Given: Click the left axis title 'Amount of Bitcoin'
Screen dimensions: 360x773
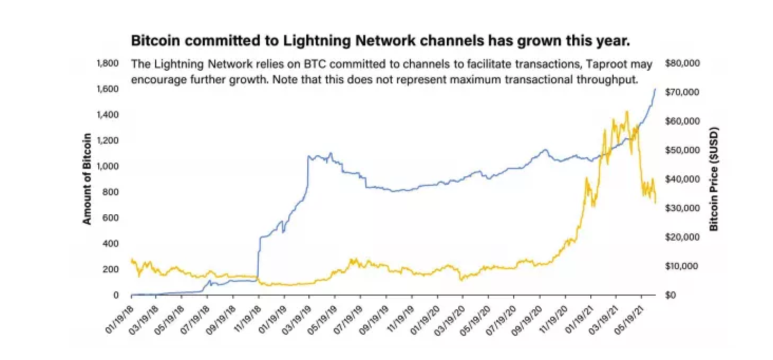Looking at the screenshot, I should (87, 179).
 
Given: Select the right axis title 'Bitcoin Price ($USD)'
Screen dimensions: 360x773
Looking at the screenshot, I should (714, 179).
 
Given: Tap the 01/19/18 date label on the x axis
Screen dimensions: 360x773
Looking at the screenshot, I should (119, 315).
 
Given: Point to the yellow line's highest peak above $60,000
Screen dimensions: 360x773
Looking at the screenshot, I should (627, 111).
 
